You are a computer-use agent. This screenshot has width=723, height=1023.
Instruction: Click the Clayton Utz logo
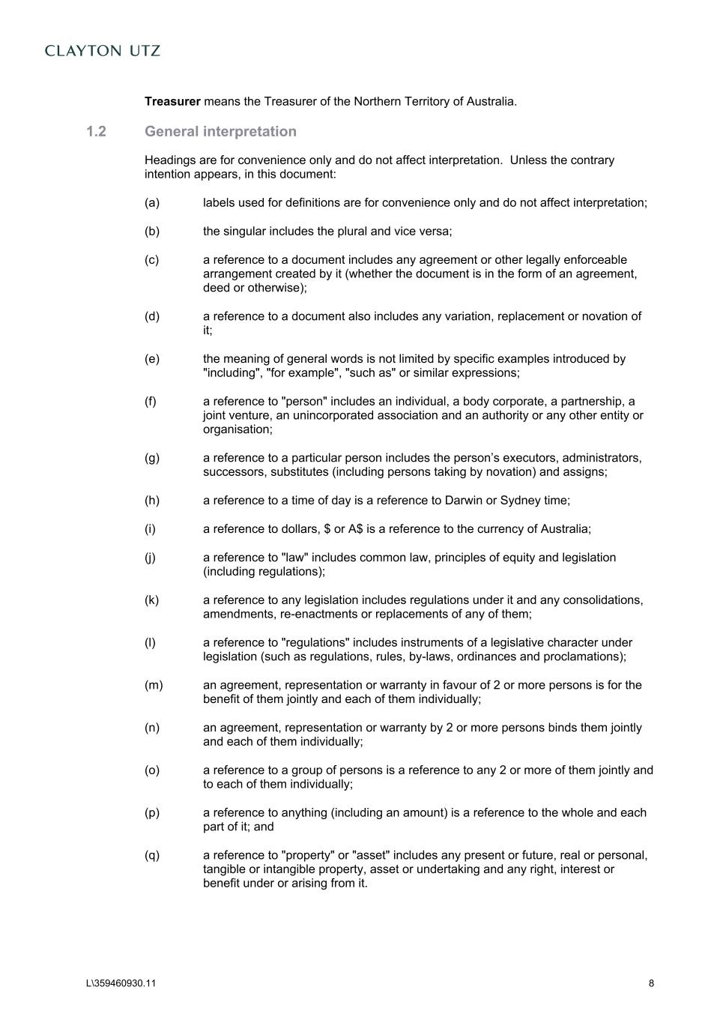click(x=103, y=51)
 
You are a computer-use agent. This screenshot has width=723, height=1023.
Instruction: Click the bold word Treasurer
click(x=172, y=101)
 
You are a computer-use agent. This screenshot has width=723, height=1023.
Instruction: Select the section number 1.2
click(x=96, y=132)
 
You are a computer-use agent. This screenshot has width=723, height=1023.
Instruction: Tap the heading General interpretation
click(x=220, y=132)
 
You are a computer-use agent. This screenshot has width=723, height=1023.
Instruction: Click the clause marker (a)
click(x=152, y=203)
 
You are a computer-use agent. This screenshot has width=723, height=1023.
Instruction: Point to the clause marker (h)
click(x=152, y=501)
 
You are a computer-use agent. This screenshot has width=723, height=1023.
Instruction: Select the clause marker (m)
click(x=154, y=685)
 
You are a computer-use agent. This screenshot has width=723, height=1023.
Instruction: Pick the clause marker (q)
click(x=152, y=855)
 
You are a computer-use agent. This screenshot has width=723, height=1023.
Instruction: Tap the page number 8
click(x=651, y=983)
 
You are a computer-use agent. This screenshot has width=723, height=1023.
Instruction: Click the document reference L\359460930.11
click(x=121, y=983)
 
